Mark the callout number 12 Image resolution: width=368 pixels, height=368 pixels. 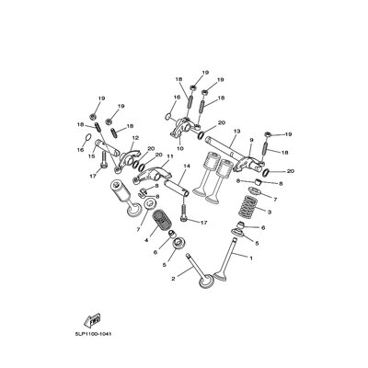click(135, 140)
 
